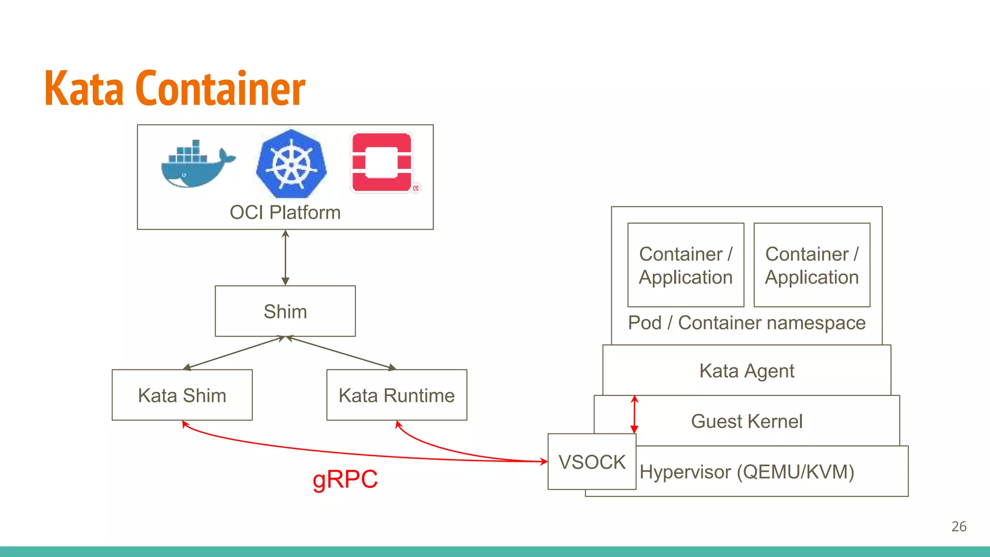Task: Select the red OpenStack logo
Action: (382, 163)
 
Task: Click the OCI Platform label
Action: (285, 213)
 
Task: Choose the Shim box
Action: (285, 311)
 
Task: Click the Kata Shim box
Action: (182, 396)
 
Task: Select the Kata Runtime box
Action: (396, 396)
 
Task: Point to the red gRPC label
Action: (345, 479)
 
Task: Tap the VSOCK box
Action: (592, 462)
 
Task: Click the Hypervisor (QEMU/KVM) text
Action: (747, 472)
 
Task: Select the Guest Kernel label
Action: (747, 421)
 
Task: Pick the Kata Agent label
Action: (747, 371)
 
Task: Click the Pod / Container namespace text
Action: (747, 323)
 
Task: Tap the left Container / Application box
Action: (685, 265)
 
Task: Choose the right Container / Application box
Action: (812, 265)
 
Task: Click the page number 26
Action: (959, 527)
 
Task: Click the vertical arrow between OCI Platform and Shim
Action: (285, 258)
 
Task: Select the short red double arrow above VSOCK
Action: (634, 414)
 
